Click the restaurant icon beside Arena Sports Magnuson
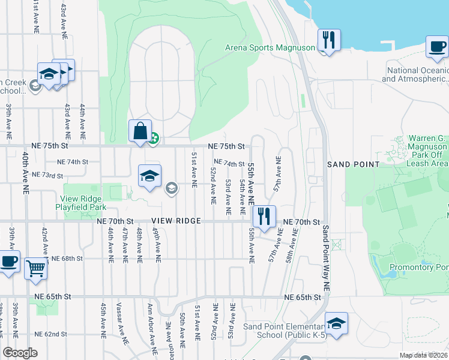(x=328, y=40)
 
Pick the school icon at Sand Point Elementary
(x=336, y=323)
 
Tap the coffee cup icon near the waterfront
(x=437, y=46)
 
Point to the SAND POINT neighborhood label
(x=353, y=164)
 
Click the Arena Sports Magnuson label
(x=270, y=48)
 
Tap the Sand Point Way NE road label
(x=326, y=258)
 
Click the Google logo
(x=20, y=353)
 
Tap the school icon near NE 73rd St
(x=149, y=175)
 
